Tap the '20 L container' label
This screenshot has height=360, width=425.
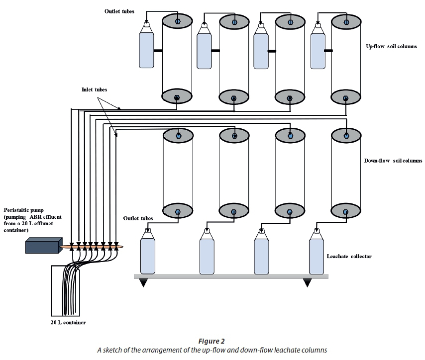(68, 323)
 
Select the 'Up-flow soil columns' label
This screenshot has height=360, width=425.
(395, 46)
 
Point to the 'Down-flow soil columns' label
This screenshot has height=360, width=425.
(393, 161)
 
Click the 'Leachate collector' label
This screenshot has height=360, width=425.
(349, 257)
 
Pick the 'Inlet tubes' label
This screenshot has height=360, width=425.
(95, 90)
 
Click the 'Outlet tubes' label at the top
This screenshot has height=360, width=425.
(119, 11)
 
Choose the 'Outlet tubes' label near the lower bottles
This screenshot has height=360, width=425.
(138, 218)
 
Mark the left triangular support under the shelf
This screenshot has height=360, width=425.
(143, 282)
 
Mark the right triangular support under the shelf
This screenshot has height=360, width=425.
(308, 282)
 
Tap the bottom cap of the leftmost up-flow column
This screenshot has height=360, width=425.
(177, 97)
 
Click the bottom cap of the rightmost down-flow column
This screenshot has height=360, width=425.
(346, 211)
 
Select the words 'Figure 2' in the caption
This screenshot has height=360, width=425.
(212, 341)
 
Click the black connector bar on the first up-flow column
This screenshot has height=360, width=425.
(159, 51)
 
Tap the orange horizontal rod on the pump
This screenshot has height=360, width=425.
(92, 246)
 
